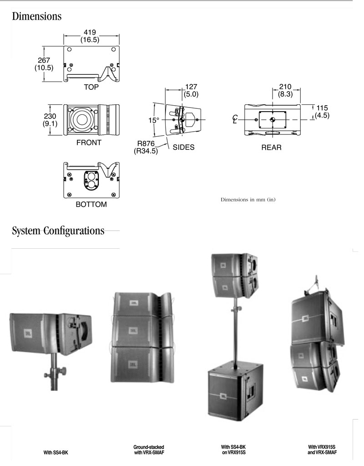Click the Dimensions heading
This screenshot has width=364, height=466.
[37, 17]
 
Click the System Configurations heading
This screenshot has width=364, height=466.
[58, 230]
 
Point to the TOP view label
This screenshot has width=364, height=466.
[91, 87]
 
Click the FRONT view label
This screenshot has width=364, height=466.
[89, 143]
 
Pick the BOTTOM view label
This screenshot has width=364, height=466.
[91, 205]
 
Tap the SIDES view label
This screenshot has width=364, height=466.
[183, 147]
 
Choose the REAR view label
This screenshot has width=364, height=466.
[271, 147]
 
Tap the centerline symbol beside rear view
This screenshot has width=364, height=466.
[235, 120]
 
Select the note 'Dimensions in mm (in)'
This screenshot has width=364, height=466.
[248, 200]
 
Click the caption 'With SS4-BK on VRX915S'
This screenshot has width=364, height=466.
[233, 449]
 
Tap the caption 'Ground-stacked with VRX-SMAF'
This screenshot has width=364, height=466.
[149, 450]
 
